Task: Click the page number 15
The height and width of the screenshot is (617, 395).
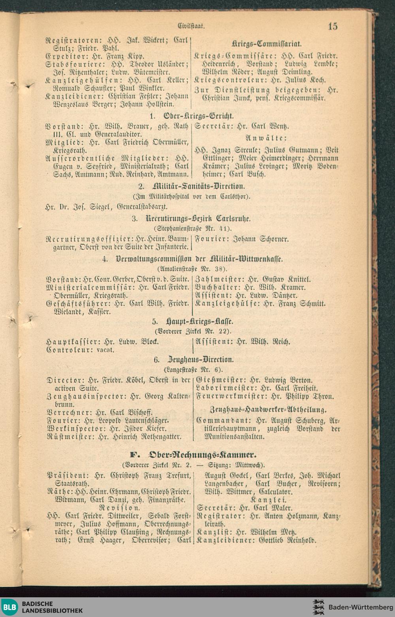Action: click(x=332, y=26)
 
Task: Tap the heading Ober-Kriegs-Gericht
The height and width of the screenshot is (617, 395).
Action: click(x=198, y=116)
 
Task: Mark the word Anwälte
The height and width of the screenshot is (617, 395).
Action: click(x=266, y=138)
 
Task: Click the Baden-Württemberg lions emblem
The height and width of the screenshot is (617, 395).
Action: click(x=319, y=607)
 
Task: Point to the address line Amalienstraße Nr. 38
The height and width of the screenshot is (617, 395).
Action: click(x=192, y=269)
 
